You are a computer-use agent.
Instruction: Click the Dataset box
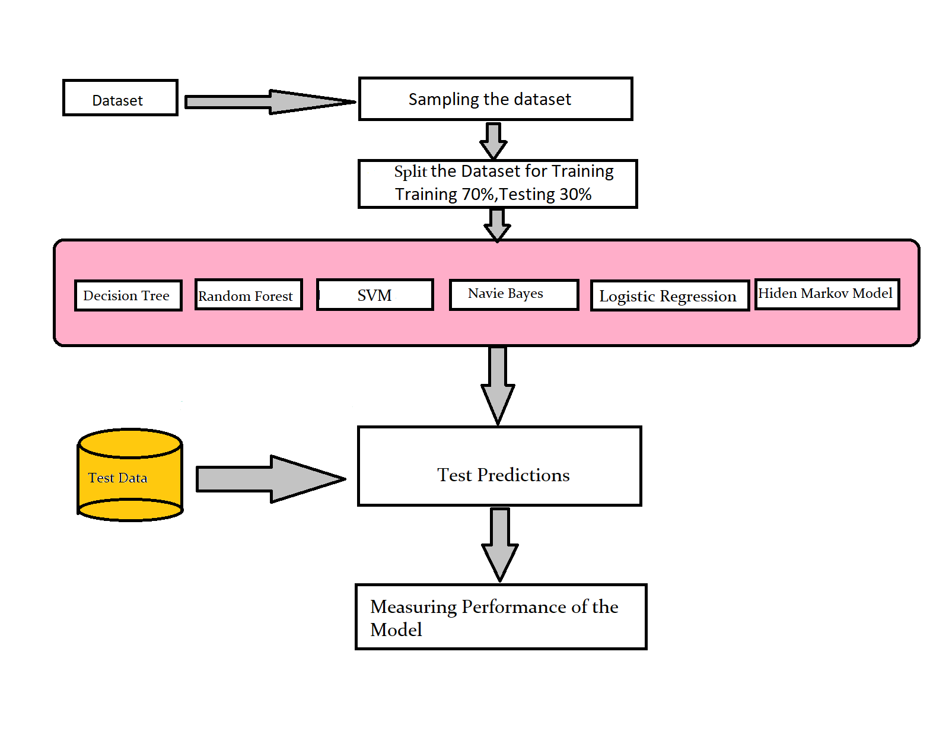(x=120, y=98)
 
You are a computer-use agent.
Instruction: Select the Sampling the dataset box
(x=495, y=99)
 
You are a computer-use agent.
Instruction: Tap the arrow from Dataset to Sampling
(x=270, y=102)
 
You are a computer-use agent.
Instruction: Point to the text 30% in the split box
(x=575, y=195)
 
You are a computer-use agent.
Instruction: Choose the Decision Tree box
(x=128, y=295)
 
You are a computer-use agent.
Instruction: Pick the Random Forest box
(x=249, y=295)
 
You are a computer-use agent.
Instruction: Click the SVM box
(x=375, y=295)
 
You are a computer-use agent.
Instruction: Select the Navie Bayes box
(x=514, y=294)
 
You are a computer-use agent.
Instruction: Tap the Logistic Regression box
(x=670, y=296)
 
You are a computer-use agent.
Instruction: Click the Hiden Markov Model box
(x=827, y=294)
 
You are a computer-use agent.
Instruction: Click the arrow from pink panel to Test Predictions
(x=498, y=385)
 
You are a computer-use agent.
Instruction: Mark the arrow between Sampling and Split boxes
(x=493, y=140)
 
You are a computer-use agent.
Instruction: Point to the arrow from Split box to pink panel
(x=497, y=224)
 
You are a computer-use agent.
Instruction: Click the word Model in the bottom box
(x=396, y=630)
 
